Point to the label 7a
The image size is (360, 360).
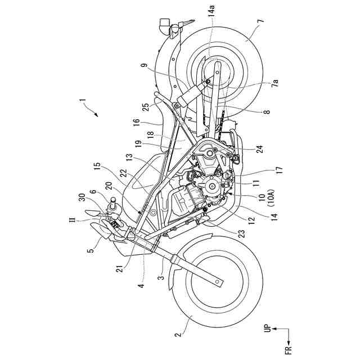(276, 84)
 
